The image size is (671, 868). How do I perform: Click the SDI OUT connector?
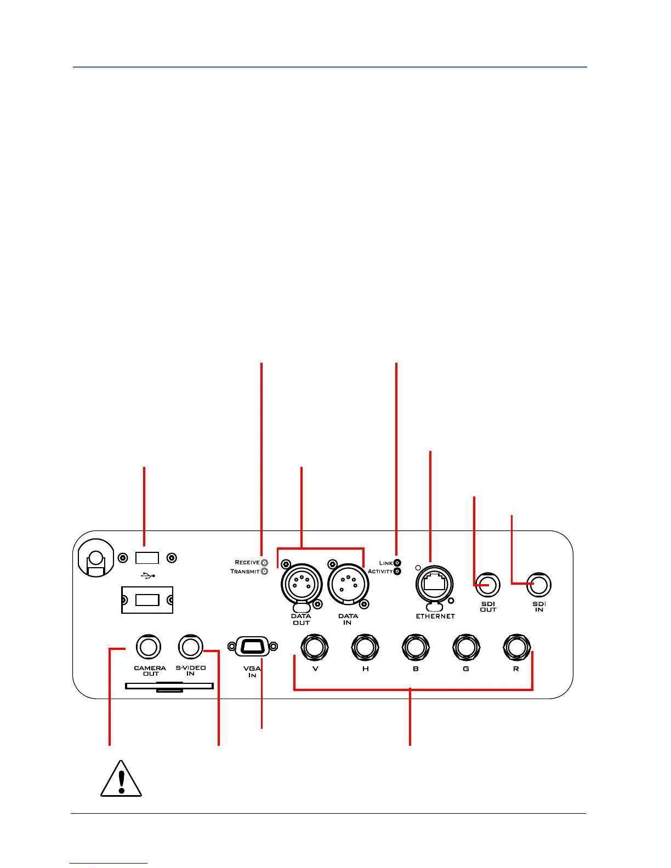(487, 585)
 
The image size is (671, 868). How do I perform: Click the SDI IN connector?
(539, 585)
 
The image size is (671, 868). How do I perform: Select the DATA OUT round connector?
(301, 584)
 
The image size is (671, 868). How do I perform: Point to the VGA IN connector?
(252, 647)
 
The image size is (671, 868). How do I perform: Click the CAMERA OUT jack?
(148, 647)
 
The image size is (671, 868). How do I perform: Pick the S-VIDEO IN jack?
(190, 647)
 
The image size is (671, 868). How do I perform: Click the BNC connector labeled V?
(315, 647)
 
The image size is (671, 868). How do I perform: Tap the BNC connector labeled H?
(365, 647)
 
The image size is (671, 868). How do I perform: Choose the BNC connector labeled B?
(416, 647)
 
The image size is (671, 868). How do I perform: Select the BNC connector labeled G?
(466, 647)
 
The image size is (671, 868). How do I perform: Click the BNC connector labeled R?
(516, 647)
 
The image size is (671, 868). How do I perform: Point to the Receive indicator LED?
(265, 562)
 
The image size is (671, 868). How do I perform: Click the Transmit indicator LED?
(265, 572)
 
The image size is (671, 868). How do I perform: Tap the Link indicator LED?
(397, 563)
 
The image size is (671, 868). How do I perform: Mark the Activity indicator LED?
(397, 572)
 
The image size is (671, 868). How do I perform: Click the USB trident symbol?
(148, 575)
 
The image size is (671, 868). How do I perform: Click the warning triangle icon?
(121, 779)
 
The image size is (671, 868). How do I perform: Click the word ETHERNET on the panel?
(435, 616)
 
